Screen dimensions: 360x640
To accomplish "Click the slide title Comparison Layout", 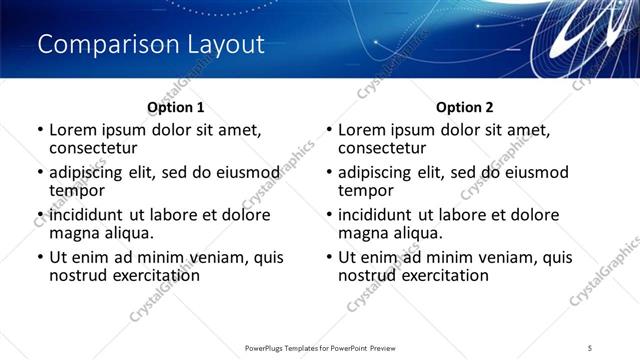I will (x=151, y=45).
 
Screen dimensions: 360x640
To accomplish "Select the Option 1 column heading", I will (x=175, y=107).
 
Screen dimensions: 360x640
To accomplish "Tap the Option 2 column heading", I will (x=464, y=107).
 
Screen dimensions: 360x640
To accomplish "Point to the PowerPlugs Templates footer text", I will (x=319, y=347).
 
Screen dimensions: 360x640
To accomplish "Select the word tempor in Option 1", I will (x=77, y=190).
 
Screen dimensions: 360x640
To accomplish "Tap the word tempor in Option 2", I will (x=366, y=190).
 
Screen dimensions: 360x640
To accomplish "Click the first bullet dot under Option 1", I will (x=39, y=130).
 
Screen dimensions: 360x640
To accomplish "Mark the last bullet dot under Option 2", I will (x=328, y=257).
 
